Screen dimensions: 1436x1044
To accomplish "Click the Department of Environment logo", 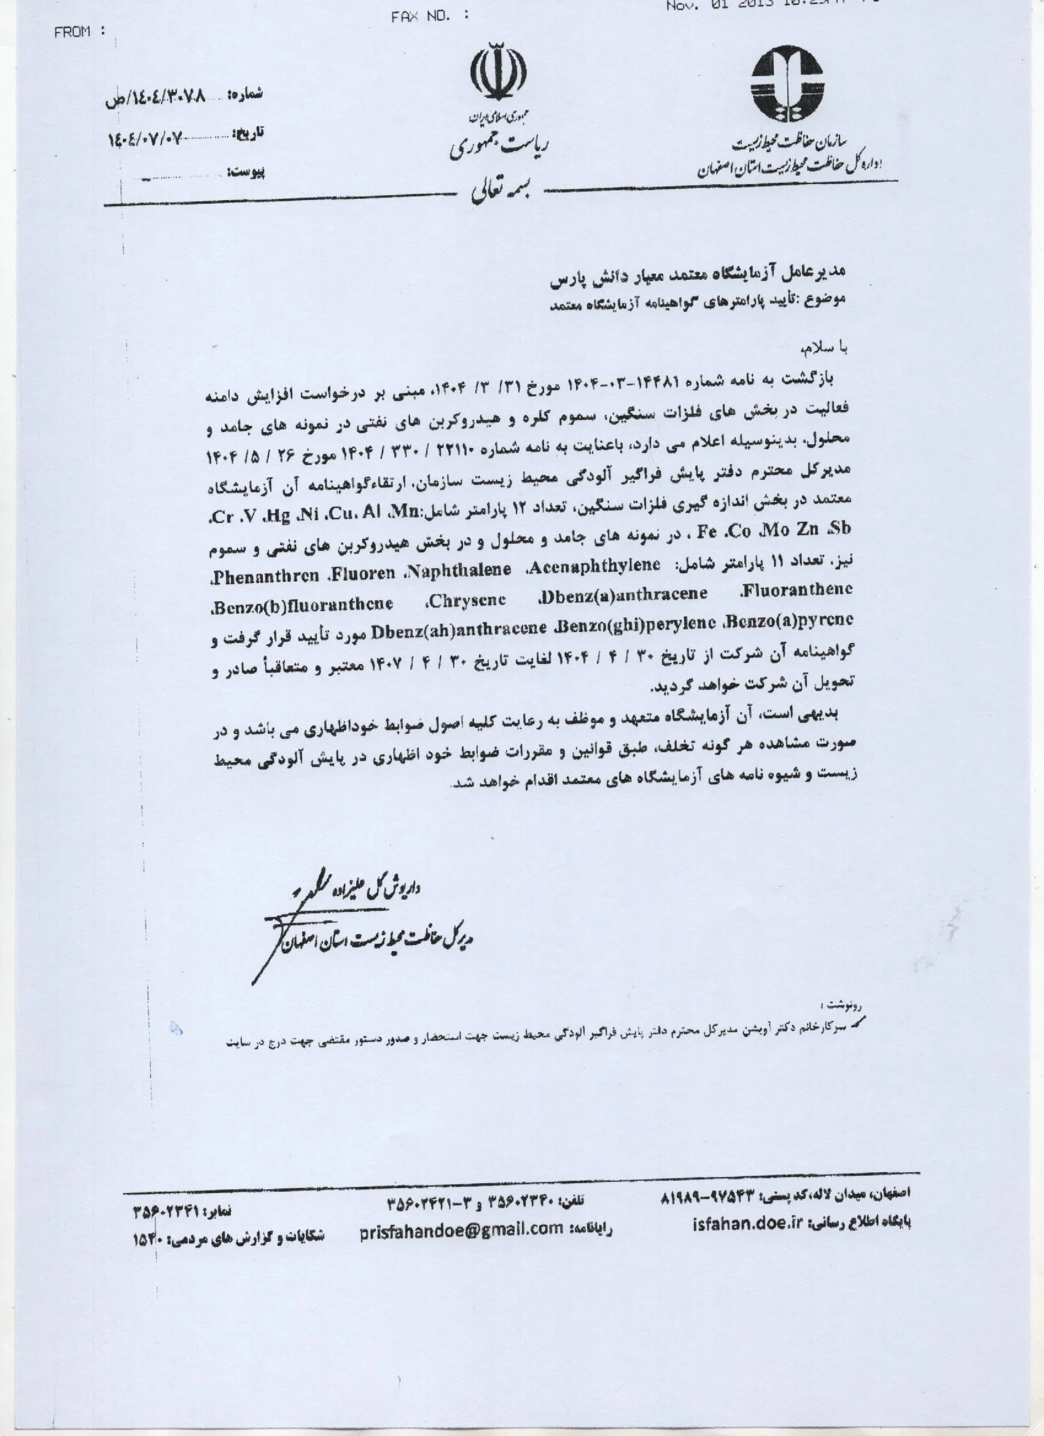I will point(787,85).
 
